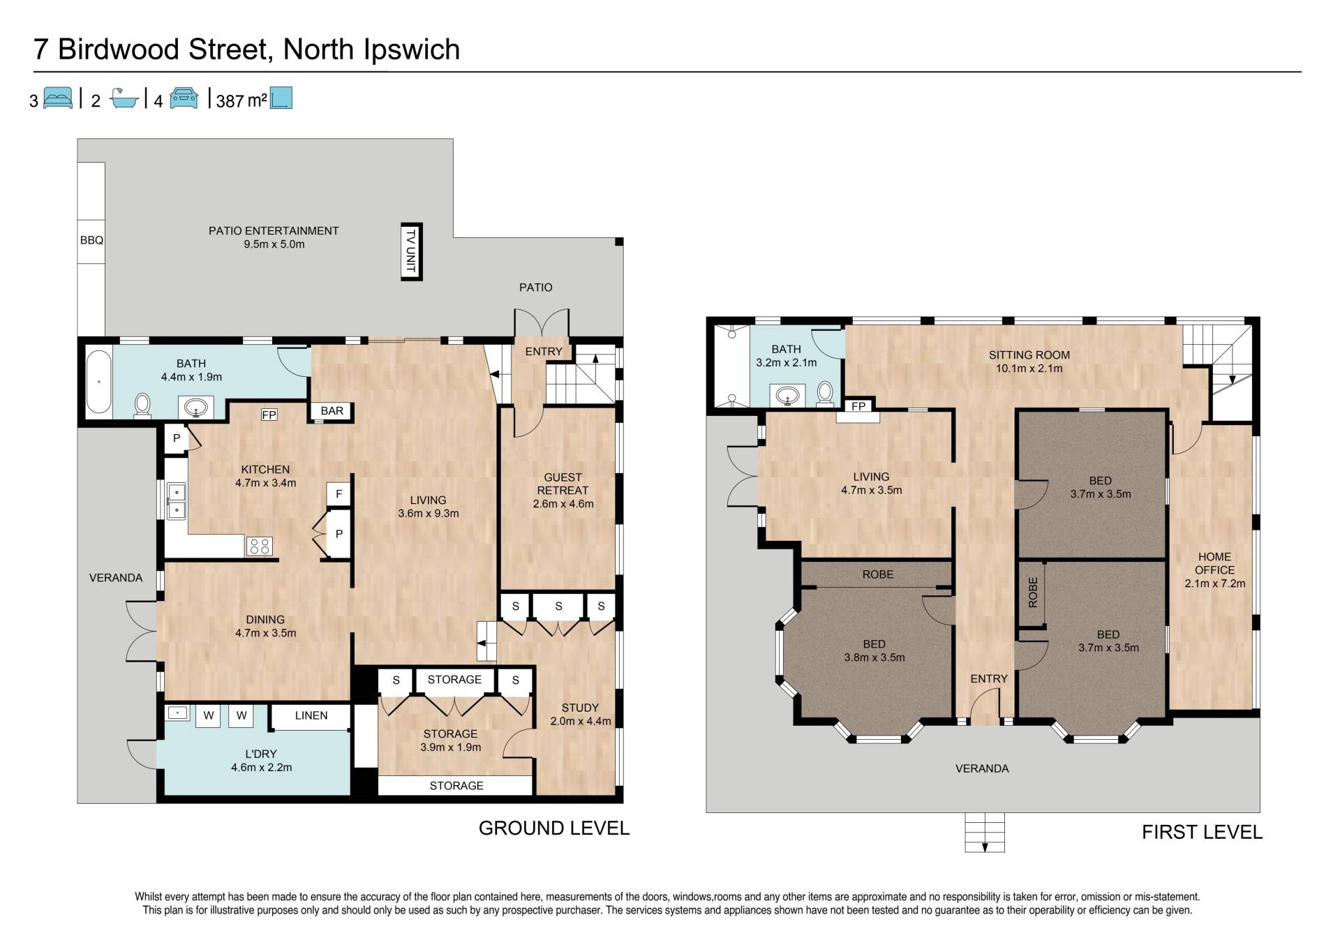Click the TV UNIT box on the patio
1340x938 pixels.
pyautogui.click(x=412, y=251)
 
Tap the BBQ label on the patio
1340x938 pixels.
pyautogui.click(x=91, y=240)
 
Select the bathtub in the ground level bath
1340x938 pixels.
pyautogui.click(x=98, y=382)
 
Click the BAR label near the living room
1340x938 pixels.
pyautogui.click(x=332, y=411)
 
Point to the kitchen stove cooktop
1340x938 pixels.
pyautogui.click(x=260, y=546)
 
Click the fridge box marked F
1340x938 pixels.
pyautogui.click(x=338, y=494)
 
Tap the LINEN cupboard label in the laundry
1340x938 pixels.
pyautogui.click(x=311, y=715)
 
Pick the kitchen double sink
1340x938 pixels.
pyautogui.click(x=177, y=501)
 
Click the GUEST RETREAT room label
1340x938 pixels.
pyautogui.click(x=563, y=484)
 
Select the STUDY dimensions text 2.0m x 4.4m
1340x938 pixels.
pyautogui.click(x=581, y=722)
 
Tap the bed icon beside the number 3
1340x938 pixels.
pyautogui.click(x=58, y=98)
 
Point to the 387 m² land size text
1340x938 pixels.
pyautogui.click(x=241, y=100)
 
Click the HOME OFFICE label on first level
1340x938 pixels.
pyautogui.click(x=1214, y=563)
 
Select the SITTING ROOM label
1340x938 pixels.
pyautogui.click(x=1029, y=355)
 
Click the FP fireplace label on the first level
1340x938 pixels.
pyautogui.click(x=858, y=406)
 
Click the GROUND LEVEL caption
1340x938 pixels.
pyautogui.click(x=554, y=828)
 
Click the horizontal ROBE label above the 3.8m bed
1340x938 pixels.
pyautogui.click(x=878, y=574)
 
